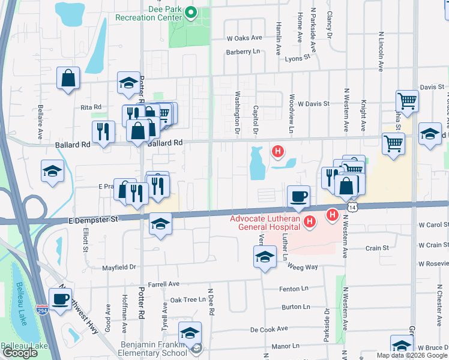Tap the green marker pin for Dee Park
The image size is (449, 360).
point(191,12)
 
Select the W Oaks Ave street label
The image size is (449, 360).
point(244,37)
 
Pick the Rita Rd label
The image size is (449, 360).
point(91,107)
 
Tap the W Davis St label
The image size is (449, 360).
point(314,103)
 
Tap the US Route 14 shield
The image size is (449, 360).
point(351,207)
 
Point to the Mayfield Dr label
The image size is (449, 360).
point(119,267)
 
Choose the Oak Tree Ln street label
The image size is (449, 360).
point(188,299)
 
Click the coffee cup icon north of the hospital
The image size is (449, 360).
point(298,195)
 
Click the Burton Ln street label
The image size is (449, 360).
point(295,307)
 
